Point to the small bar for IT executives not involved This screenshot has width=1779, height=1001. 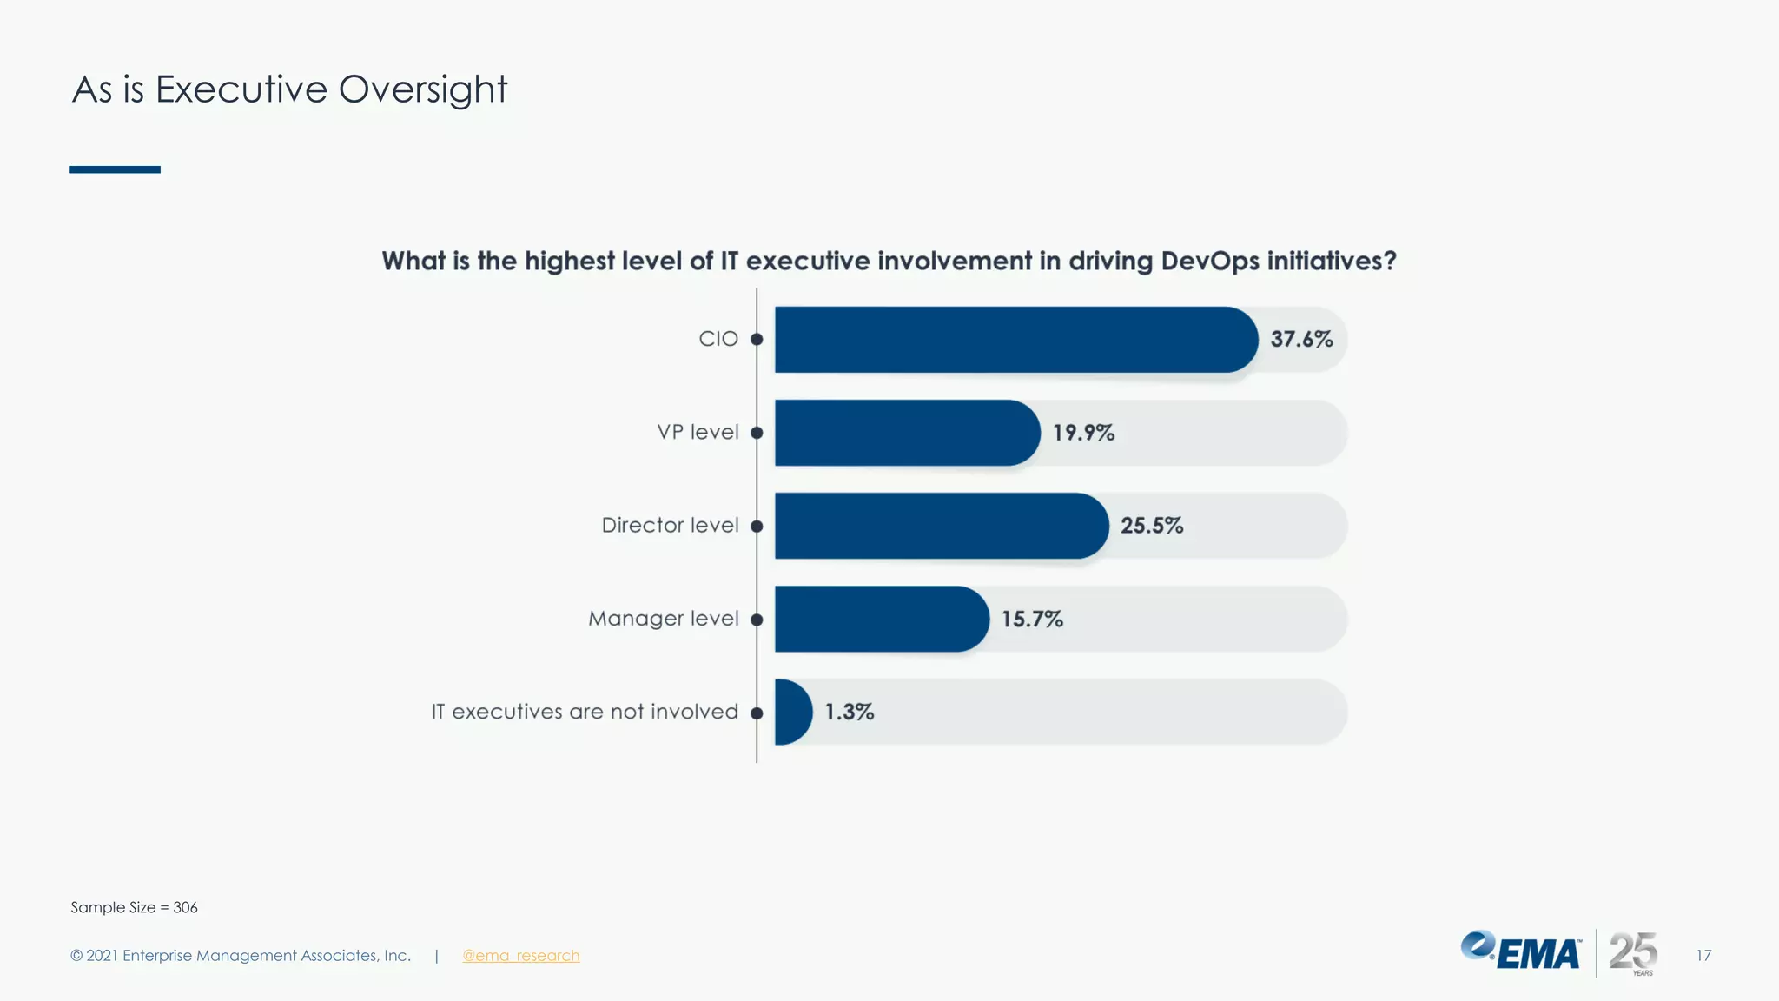pos(791,712)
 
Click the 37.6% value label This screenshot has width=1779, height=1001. pos(1301,340)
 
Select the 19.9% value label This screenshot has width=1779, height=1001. pos(1083,433)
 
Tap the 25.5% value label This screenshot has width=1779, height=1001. pos(1151,526)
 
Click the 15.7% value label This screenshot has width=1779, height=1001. pos(1032,620)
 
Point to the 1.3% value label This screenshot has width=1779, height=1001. pos(849,713)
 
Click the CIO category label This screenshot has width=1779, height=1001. pos(718,339)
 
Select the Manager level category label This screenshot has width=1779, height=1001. pos(664,619)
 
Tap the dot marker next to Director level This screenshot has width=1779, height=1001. pos(757,527)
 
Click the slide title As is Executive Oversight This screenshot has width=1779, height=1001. pos(289,89)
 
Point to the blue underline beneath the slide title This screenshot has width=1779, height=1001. pos(115,169)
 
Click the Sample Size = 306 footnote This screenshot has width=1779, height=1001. pos(134,907)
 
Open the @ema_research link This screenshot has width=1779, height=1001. pos(520,956)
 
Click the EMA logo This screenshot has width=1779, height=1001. pos(1521,952)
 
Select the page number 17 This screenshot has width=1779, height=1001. pos(1703,956)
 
